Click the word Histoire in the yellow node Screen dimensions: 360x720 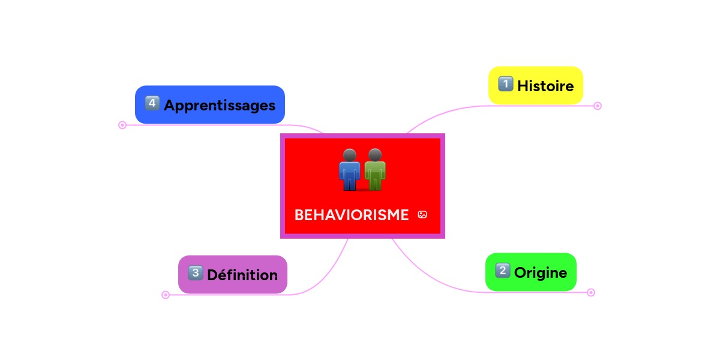pos(545,86)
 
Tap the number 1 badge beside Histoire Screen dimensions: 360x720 pos(506,85)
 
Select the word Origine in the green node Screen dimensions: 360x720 pos(540,272)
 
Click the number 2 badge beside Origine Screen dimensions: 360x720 pos(503,271)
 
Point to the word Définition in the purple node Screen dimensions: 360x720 pos(242,275)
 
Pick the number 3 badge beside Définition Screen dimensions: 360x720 pos(196,274)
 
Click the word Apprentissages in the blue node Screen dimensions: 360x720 pos(219,106)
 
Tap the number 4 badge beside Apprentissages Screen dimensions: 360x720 pos(152,104)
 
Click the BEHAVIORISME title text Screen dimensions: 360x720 pos(351,215)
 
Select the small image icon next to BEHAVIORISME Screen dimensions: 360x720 pos(422,215)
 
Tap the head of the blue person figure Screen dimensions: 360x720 pos(350,155)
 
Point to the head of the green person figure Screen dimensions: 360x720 pos(375,155)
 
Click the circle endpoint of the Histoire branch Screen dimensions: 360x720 pos(597,106)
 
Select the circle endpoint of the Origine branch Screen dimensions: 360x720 pos(591,293)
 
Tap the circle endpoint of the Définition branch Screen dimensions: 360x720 pos(166,295)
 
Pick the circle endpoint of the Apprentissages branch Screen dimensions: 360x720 pos(122,125)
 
